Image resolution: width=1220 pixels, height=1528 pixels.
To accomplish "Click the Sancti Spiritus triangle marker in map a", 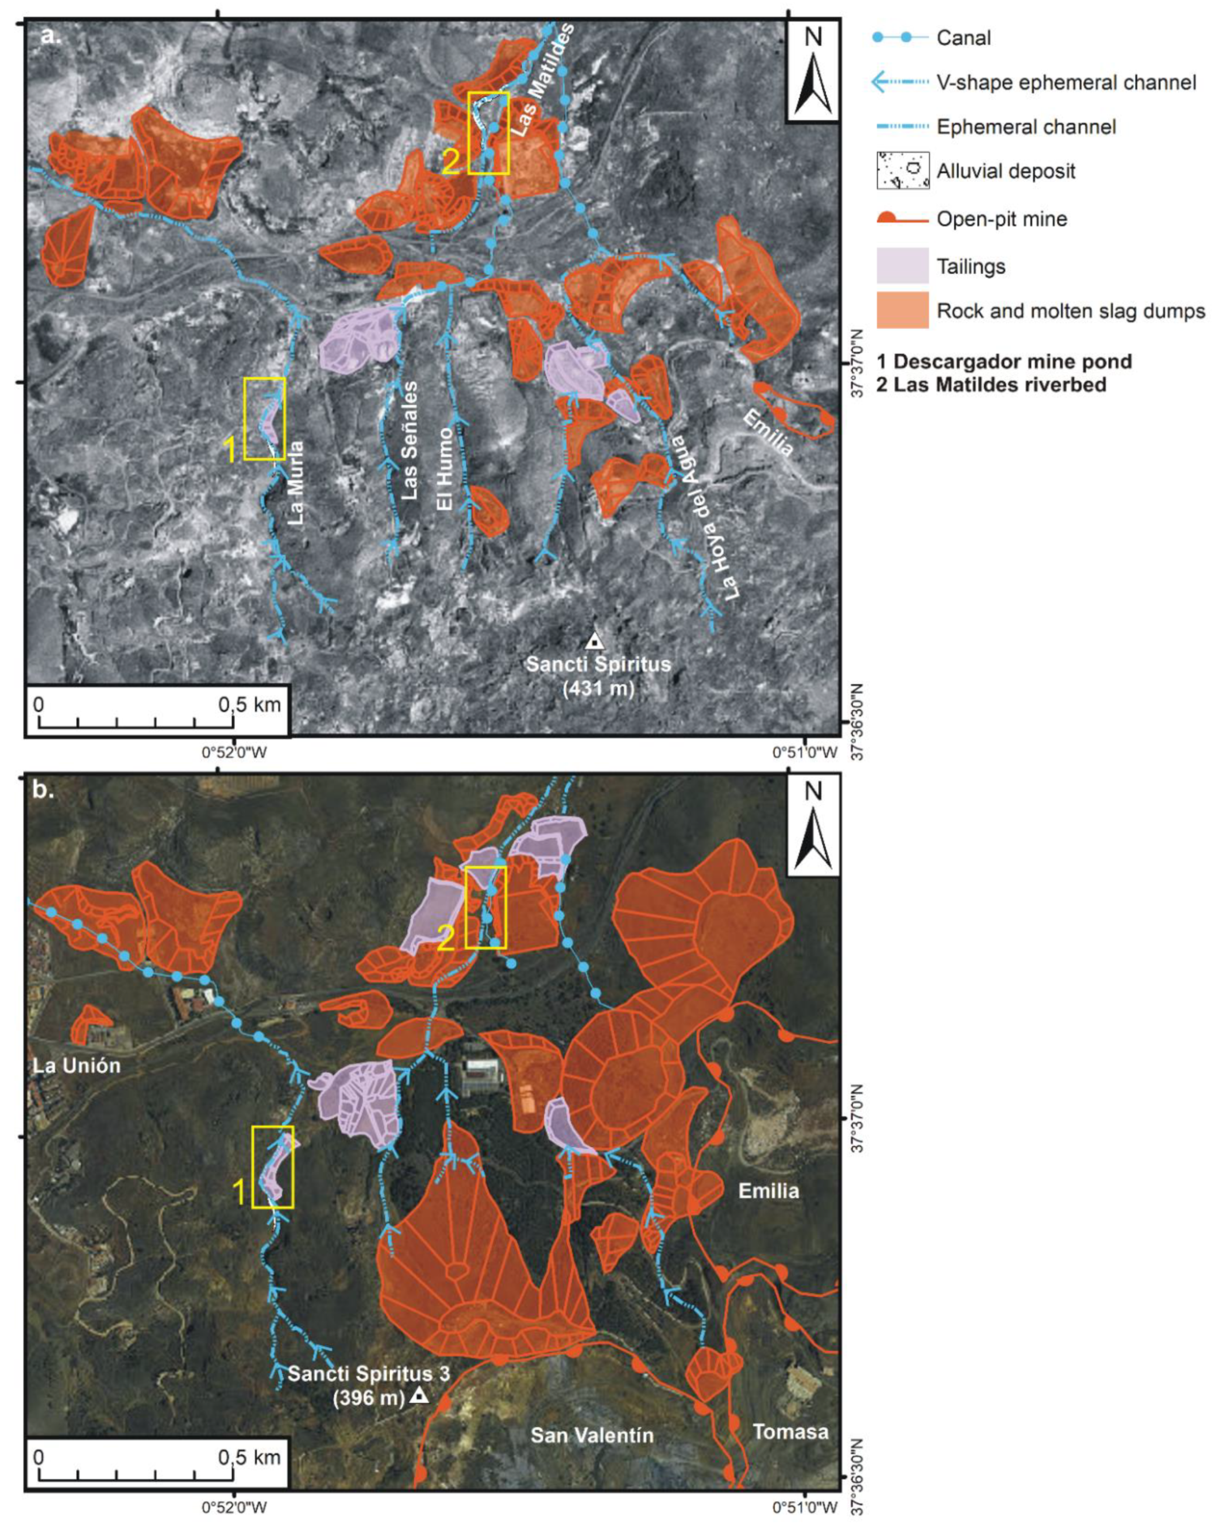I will tap(594, 642).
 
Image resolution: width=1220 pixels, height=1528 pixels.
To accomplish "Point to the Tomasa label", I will tap(790, 1431).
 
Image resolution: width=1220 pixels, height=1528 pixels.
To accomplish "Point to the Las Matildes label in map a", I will tap(542, 79).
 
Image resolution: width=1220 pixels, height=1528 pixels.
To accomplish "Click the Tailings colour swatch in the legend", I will tap(902, 266).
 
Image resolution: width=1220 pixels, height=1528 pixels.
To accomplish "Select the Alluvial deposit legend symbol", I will tap(902, 171).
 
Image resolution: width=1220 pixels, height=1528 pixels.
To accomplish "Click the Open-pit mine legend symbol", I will tap(902, 218).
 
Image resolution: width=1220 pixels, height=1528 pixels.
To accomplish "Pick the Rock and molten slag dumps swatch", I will tap(902, 310).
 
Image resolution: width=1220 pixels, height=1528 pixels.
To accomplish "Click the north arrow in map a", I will tap(813, 71).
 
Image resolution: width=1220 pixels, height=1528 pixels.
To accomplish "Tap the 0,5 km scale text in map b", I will tap(249, 1457).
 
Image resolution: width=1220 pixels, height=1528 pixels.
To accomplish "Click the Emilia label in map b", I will tap(768, 1190).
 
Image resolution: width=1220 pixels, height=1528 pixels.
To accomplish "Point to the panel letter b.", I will tap(44, 790).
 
